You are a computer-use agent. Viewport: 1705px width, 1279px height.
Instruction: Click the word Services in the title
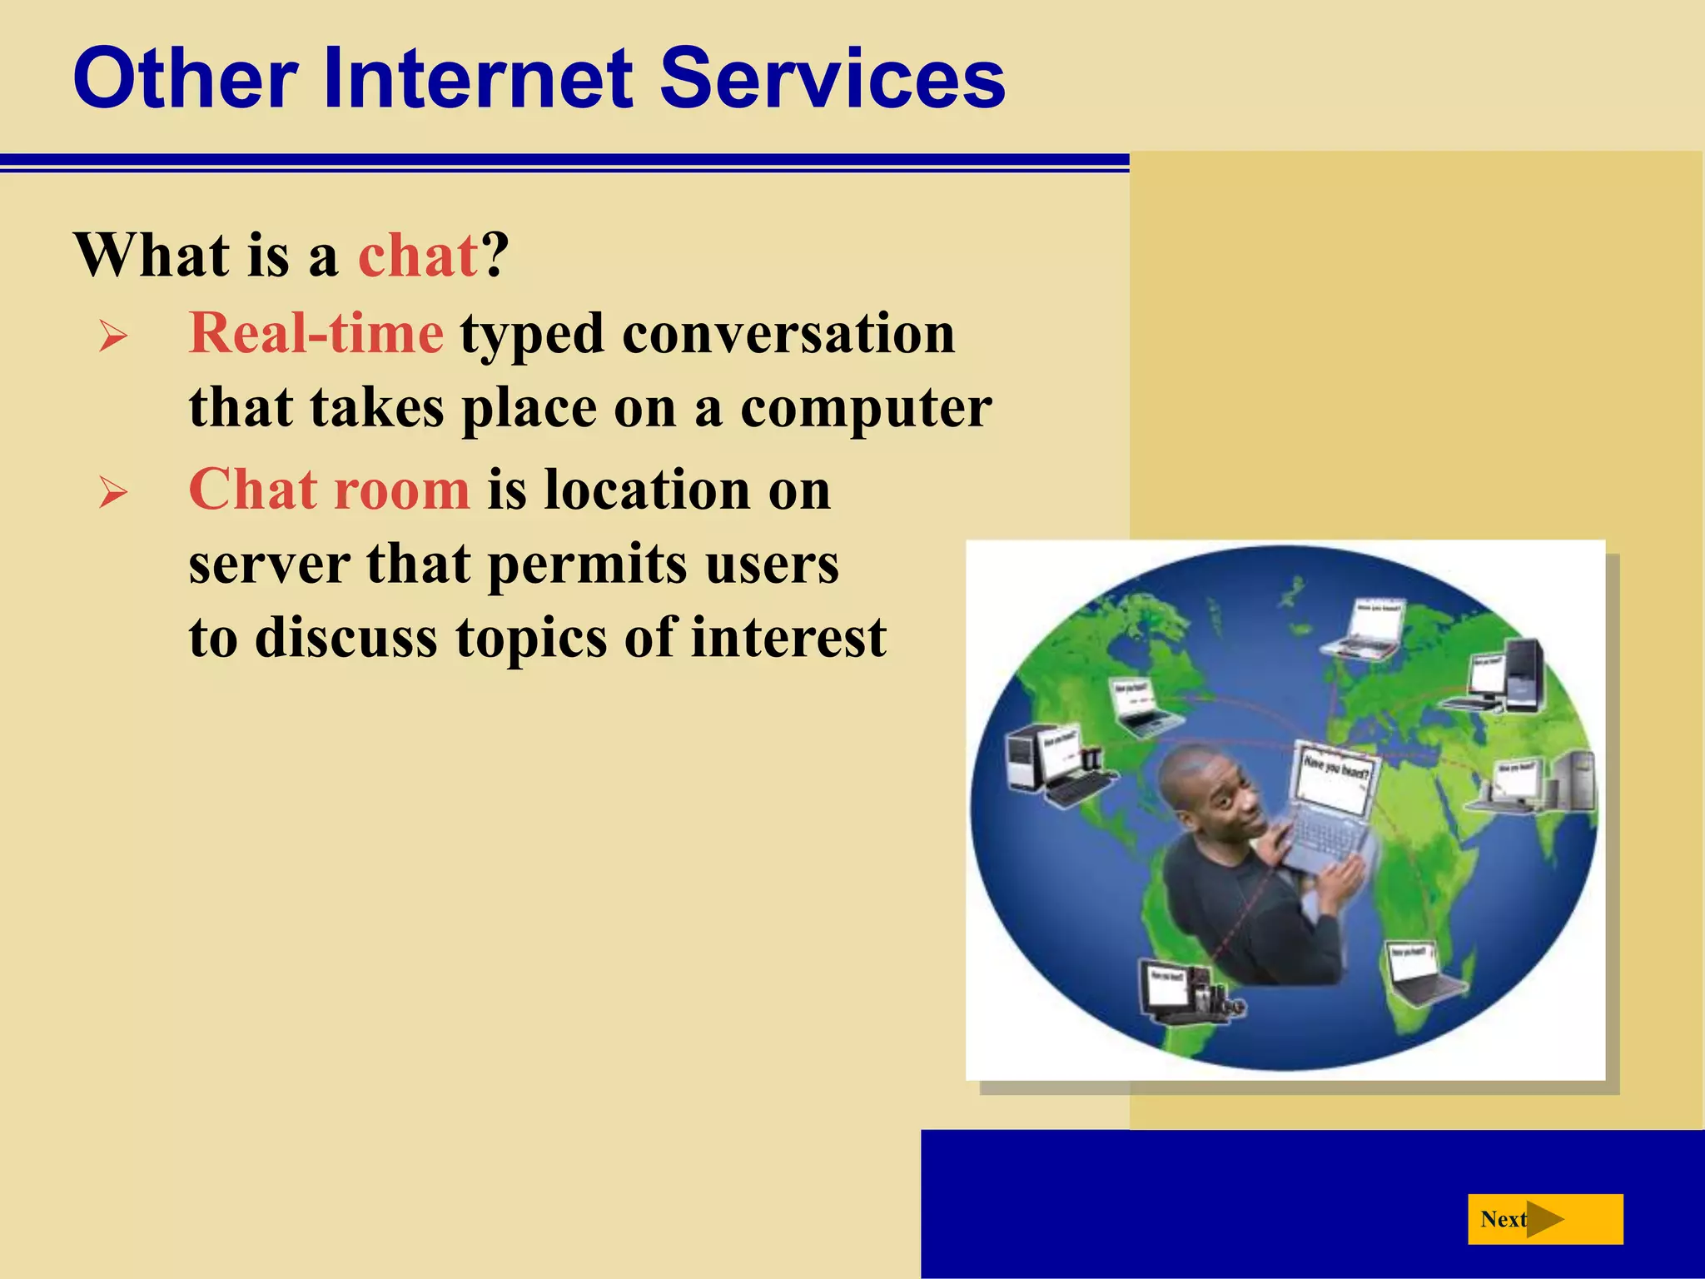[833, 79]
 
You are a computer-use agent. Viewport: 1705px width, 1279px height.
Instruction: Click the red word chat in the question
[418, 256]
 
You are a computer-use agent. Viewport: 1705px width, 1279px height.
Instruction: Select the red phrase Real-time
[316, 334]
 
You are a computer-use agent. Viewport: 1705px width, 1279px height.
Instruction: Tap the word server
[268, 565]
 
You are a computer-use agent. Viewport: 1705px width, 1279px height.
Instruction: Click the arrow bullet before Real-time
[113, 337]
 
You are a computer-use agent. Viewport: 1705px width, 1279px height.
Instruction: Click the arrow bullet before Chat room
[113, 493]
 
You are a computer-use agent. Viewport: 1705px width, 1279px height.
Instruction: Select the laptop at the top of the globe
[1365, 629]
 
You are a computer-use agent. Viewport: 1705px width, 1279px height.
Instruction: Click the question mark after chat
[495, 256]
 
